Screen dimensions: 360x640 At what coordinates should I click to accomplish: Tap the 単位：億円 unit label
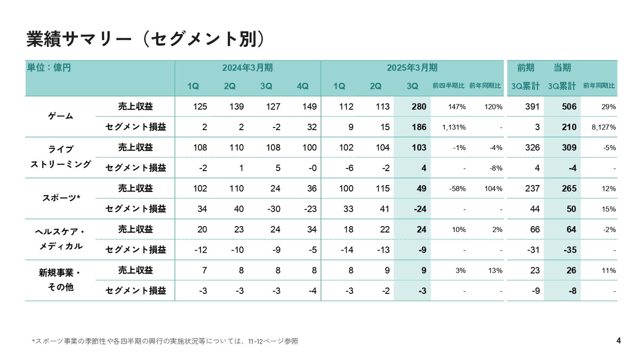pos(49,68)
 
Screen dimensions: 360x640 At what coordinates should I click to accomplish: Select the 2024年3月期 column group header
pos(247,68)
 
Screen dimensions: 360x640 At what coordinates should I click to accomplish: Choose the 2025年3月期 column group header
pos(412,68)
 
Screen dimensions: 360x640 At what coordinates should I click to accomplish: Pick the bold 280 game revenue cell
pos(419,107)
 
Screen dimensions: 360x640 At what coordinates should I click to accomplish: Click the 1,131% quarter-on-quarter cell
pos(454,127)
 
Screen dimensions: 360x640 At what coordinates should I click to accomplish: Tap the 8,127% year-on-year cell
pos(603,127)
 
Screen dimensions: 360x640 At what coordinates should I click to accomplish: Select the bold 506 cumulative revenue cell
pos(569,107)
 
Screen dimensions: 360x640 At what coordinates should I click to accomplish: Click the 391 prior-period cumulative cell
pos(532,107)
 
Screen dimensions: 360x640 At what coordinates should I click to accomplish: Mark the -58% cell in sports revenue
pos(458,189)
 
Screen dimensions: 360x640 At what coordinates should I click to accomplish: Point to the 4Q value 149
pos(309,107)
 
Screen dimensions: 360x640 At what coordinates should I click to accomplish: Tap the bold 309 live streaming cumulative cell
pos(569,148)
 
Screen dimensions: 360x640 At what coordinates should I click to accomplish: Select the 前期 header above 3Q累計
pos(525,68)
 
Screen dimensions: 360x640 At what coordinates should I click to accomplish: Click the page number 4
pos(618,341)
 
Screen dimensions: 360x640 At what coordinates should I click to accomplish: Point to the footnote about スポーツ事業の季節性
pos(165,341)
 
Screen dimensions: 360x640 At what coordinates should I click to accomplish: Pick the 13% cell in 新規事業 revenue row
pos(494,270)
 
